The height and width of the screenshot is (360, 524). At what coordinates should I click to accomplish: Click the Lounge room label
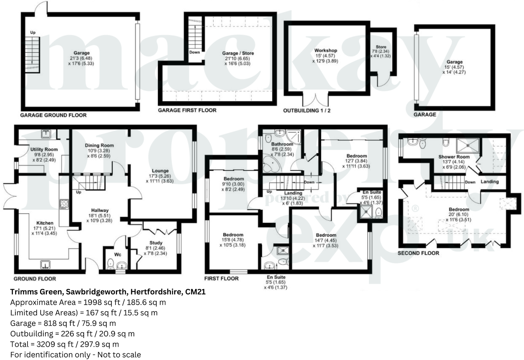[x=160, y=171]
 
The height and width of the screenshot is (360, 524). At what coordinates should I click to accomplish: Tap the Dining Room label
[x=99, y=146]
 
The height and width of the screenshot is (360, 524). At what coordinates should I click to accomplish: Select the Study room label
[x=156, y=243]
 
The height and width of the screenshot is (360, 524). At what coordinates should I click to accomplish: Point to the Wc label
[x=118, y=254]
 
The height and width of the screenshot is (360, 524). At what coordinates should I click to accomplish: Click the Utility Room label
[x=44, y=150]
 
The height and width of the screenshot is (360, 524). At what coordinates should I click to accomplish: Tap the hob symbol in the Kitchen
[x=64, y=204]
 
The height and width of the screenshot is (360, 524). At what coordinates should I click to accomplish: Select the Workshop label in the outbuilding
[x=326, y=51]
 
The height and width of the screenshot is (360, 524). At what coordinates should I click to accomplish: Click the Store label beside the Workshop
[x=381, y=47]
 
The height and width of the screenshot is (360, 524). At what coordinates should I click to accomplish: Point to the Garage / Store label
[x=238, y=53]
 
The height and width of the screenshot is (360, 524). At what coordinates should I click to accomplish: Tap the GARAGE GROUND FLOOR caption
[x=53, y=115]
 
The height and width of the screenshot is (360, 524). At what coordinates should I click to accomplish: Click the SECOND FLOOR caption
[x=418, y=253]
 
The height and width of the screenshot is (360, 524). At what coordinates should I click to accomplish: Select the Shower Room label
[x=454, y=157]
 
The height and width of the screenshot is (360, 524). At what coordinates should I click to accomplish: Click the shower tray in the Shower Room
[x=468, y=146]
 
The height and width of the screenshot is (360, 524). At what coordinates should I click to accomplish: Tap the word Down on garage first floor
[x=195, y=52]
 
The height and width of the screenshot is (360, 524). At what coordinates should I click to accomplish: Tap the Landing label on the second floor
[x=490, y=182]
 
